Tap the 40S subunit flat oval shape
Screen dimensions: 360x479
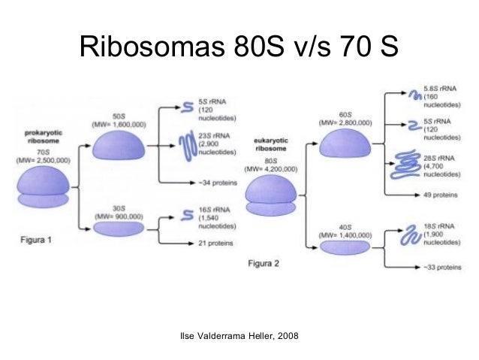345,244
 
